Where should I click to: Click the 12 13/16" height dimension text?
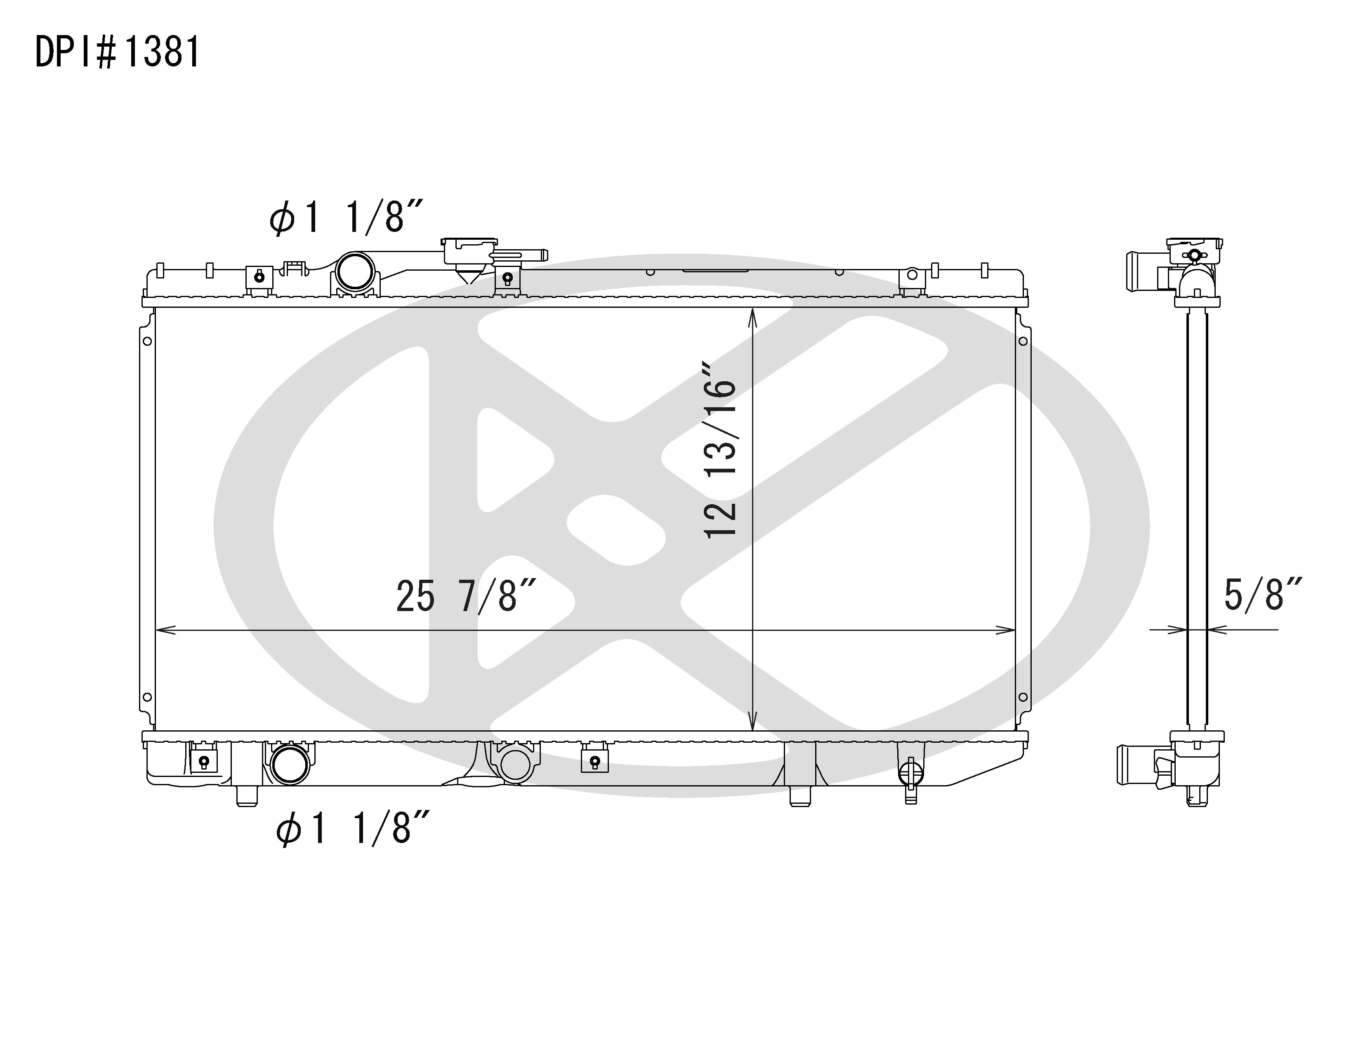tap(720, 449)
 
